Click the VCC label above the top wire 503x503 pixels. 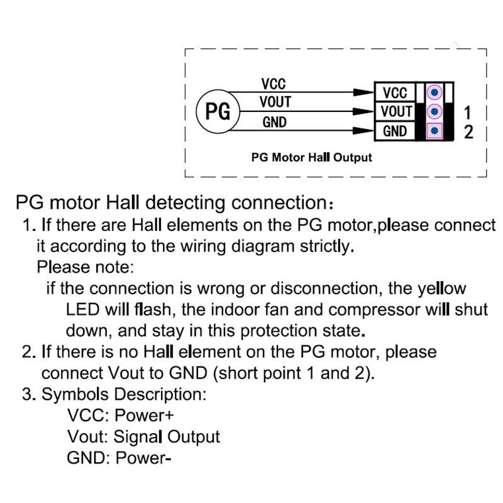tap(274, 84)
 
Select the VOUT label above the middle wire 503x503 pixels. tap(275, 102)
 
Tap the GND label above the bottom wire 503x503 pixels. tap(274, 122)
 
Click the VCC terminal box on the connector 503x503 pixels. tap(395, 93)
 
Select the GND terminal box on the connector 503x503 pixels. tap(395, 131)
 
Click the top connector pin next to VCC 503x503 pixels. tap(434, 93)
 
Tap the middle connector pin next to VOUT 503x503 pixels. tap(434, 112)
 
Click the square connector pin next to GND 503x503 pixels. tap(434, 131)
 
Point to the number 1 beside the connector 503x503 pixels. tap(467, 113)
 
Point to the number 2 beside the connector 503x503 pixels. tap(468, 132)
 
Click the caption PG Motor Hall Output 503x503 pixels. tap(311, 157)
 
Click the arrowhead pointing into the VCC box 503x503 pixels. tap(363, 92)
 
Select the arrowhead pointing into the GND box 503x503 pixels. tap(363, 131)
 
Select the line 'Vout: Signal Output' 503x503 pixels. tap(143, 436)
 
